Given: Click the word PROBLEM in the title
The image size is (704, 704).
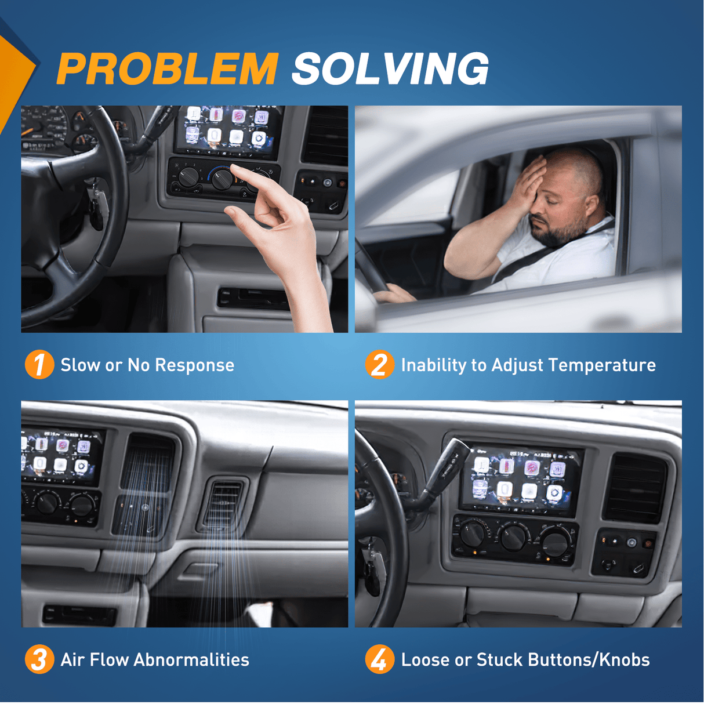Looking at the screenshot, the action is point(168,68).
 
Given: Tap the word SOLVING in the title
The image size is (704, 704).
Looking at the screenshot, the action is point(390,68).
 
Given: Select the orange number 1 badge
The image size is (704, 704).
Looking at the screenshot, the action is point(39,365).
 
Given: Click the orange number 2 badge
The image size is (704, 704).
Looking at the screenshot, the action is point(380,365).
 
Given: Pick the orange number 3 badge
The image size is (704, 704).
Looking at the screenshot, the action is point(39,659).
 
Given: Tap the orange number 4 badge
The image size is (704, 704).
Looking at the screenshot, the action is point(380,659).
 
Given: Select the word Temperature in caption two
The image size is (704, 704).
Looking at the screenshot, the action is point(603,365).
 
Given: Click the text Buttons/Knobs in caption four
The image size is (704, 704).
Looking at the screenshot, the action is point(589,660).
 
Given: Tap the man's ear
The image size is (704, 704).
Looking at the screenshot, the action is point(593,207).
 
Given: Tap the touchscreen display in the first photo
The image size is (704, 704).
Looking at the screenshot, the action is point(228,132).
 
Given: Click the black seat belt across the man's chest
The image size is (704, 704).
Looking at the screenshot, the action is point(548,256).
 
